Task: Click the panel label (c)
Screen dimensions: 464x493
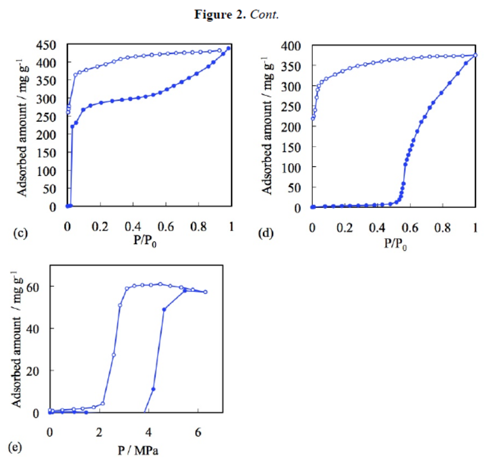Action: point(20,232)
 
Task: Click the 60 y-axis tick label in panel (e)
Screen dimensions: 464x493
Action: point(36,286)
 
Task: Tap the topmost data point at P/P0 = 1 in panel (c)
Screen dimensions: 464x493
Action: point(229,48)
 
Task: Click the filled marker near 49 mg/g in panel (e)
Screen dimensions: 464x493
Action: point(164,309)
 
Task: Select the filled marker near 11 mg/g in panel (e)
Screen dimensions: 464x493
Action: point(153,389)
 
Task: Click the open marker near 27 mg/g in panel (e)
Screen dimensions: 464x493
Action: point(114,355)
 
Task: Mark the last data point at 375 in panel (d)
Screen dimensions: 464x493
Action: point(475,55)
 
